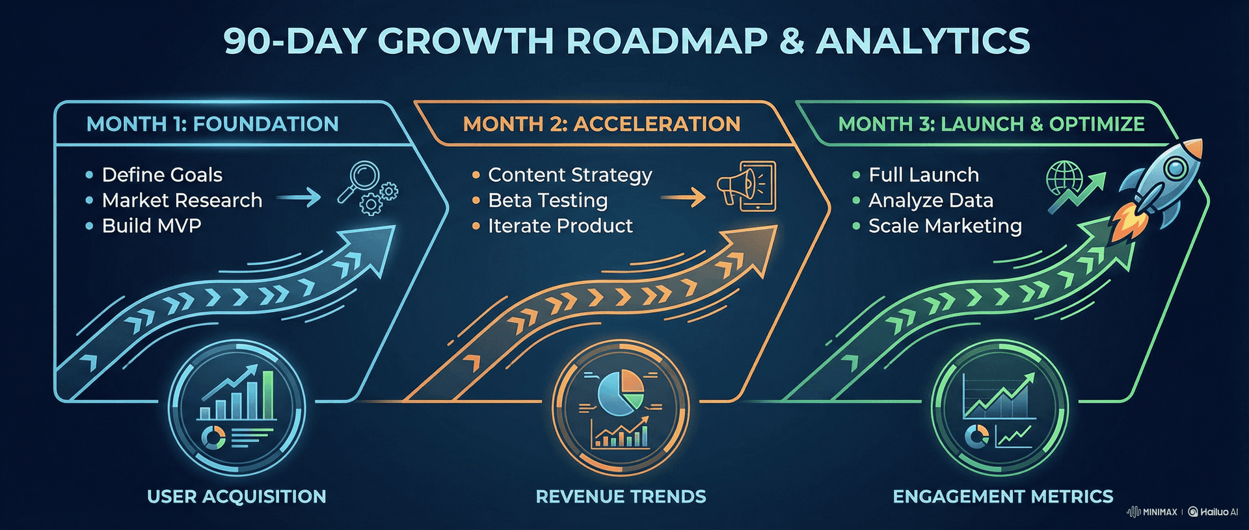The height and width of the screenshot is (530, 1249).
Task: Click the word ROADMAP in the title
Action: point(667,41)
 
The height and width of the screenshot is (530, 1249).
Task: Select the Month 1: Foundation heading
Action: point(212,124)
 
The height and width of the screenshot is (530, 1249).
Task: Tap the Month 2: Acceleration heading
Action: point(601,124)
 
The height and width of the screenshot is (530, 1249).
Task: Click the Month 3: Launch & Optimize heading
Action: point(991,124)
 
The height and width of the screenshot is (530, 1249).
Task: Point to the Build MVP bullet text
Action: point(152,226)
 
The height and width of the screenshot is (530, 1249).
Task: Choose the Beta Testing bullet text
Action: point(548,200)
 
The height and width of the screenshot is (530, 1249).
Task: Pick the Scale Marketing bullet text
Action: point(945,226)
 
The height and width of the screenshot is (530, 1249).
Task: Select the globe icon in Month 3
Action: point(1064,178)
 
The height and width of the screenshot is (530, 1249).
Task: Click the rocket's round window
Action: point(1175,168)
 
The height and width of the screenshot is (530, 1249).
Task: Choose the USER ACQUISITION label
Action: point(237,497)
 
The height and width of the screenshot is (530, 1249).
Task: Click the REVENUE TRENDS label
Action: point(621,497)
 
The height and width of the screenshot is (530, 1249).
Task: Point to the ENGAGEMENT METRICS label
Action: point(1002,497)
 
